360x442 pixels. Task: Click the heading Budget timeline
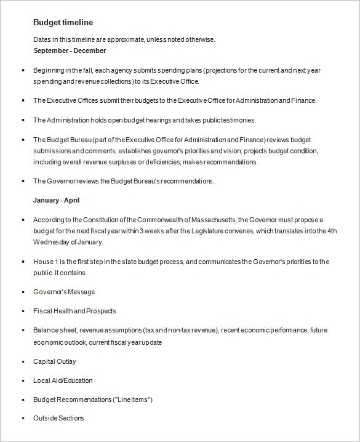(x=63, y=22)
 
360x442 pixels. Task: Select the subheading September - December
(x=70, y=50)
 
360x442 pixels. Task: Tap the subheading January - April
(x=56, y=201)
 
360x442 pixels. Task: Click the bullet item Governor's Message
(x=64, y=292)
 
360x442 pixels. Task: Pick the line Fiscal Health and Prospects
(x=74, y=311)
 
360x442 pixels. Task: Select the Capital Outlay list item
(x=55, y=361)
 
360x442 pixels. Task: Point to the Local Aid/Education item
(x=63, y=380)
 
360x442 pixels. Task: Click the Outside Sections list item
(x=58, y=419)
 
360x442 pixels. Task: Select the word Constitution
(x=92, y=219)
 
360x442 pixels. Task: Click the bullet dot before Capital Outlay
(x=23, y=362)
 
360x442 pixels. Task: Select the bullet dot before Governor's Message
(x=23, y=292)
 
